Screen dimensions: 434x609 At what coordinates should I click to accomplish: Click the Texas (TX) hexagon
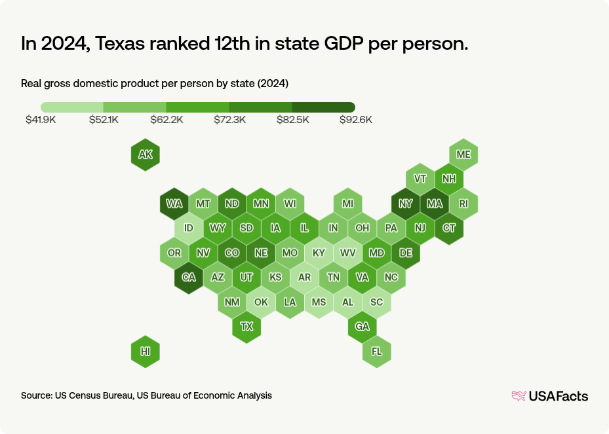coord(246,326)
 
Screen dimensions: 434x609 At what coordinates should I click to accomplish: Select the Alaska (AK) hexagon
coord(146,155)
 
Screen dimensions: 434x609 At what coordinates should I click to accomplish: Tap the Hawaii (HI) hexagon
coord(146,352)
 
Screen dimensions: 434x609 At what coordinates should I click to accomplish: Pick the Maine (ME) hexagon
coord(463,154)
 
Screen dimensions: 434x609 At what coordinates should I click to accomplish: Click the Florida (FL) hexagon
coord(377,352)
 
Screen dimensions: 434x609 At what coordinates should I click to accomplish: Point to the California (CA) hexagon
coord(189,278)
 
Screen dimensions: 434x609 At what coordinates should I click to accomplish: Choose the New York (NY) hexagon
coord(406,204)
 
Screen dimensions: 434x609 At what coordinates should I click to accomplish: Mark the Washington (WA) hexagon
coord(174,204)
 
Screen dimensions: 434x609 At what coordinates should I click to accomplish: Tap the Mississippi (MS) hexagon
coord(319,302)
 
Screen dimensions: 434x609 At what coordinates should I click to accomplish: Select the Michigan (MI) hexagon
coord(347,204)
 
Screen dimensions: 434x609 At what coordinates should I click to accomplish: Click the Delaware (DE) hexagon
coord(406,253)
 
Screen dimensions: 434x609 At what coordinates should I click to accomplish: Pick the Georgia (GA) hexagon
coord(362,326)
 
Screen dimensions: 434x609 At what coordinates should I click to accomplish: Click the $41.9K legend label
coord(41,120)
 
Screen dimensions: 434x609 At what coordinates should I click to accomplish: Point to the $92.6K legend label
coord(355,120)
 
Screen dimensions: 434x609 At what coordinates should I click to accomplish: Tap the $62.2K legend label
coord(167,120)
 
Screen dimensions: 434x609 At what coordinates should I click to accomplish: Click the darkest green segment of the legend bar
coord(323,107)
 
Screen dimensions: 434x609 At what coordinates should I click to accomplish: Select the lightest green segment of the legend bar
coord(72,107)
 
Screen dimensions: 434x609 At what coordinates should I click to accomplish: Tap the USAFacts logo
coord(549,395)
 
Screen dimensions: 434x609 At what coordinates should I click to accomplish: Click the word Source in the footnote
coord(36,395)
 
